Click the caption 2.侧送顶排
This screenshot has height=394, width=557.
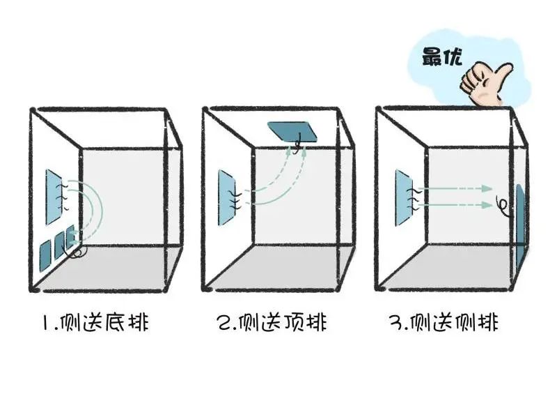click(272, 322)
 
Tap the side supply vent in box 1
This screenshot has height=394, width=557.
click(54, 197)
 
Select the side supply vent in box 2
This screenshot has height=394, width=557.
click(227, 197)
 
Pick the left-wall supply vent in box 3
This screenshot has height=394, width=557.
click(404, 198)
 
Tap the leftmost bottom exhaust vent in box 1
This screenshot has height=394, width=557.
click(45, 255)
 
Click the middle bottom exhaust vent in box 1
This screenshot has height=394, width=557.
click(59, 245)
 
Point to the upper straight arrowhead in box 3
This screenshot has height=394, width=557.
click(487, 188)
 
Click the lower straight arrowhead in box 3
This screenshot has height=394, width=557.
click(487, 204)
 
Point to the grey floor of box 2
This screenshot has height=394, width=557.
click(277, 265)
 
